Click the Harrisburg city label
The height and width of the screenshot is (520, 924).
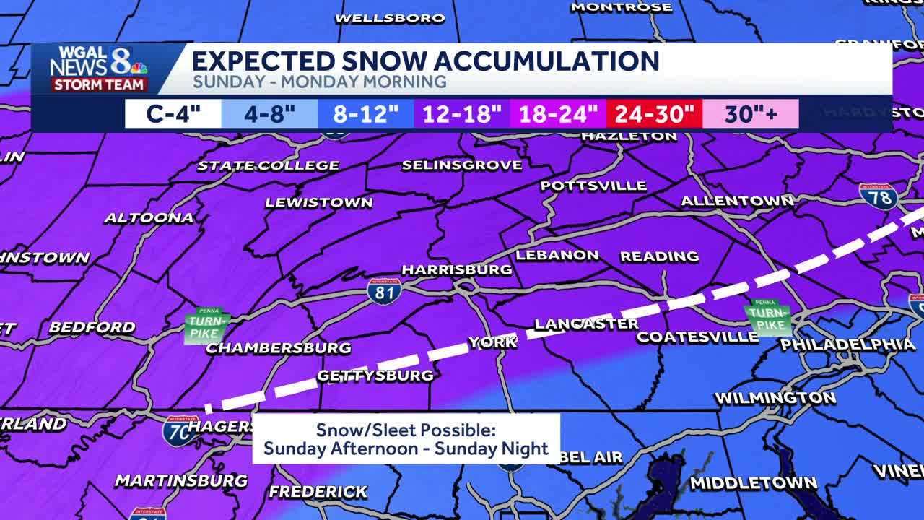(456, 269)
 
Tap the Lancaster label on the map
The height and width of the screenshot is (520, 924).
(586, 324)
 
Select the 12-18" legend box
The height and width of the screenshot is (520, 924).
(462, 114)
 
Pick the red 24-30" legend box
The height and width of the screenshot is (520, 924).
(654, 114)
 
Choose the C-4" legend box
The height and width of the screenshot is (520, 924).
(173, 114)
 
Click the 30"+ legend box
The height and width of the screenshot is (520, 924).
(751, 114)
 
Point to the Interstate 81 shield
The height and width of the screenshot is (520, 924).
(383, 290)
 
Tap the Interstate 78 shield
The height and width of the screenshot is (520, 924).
(879, 196)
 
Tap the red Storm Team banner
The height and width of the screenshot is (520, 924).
(99, 84)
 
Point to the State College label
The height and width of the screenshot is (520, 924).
(268, 165)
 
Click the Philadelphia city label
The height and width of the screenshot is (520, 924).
(847, 344)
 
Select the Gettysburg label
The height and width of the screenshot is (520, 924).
(375, 375)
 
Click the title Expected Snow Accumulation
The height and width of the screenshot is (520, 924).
(425, 61)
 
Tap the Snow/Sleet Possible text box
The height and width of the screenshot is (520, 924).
(406, 439)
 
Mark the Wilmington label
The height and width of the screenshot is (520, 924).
(775, 397)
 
